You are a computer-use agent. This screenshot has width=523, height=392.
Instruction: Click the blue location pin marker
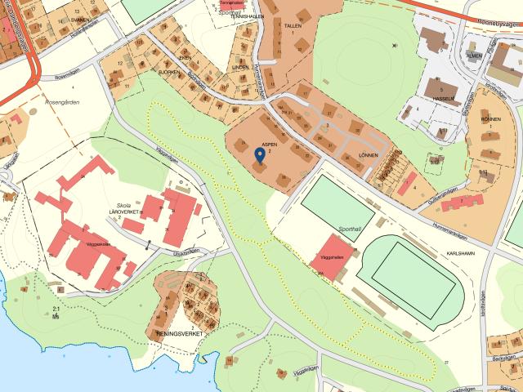pyautogui.click(x=260, y=154)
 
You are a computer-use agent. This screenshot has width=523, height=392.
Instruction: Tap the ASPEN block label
pyautogui.click(x=270, y=145)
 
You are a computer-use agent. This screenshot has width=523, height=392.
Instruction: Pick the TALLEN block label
pyautogui.click(x=293, y=26)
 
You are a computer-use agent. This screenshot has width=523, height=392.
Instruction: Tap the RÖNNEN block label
pyautogui.click(x=490, y=119)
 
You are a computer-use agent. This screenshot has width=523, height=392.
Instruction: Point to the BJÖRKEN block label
pyautogui.click(x=169, y=72)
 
